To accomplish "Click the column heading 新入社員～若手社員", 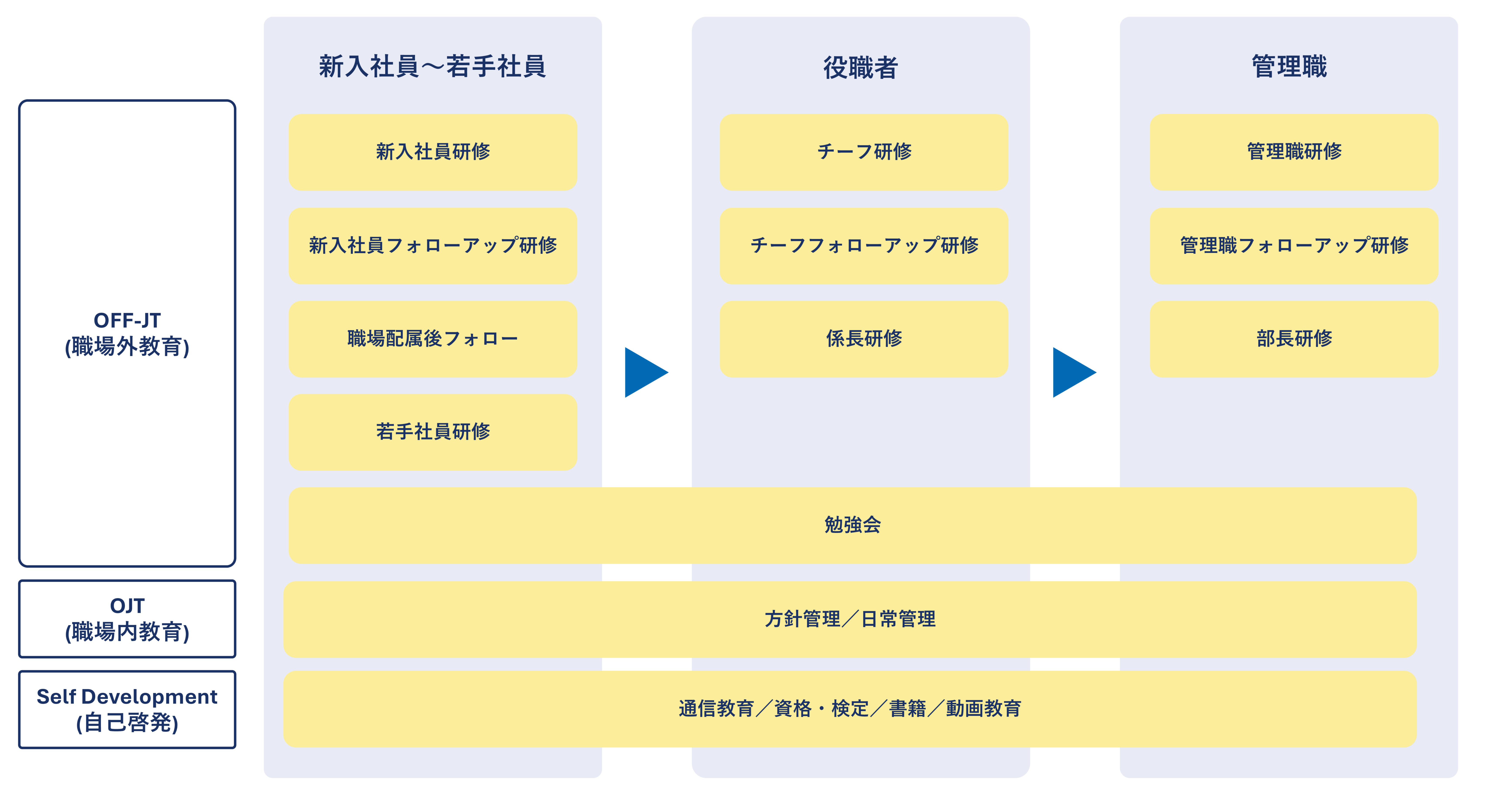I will coord(432,66).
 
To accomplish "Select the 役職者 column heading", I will coord(860,67).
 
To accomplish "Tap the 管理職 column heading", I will coord(1289,66).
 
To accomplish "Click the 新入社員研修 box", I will coord(432,152).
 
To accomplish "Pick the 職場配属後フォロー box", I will coord(432,339).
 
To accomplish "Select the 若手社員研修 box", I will coord(432,432).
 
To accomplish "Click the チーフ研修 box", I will coord(864,152).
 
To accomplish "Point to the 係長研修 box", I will coord(864,339).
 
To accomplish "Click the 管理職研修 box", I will coord(1294,152).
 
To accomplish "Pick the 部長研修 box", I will coord(1294,339).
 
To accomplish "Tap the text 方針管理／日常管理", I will coord(850,619).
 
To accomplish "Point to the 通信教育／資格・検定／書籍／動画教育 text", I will coord(850,709).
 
